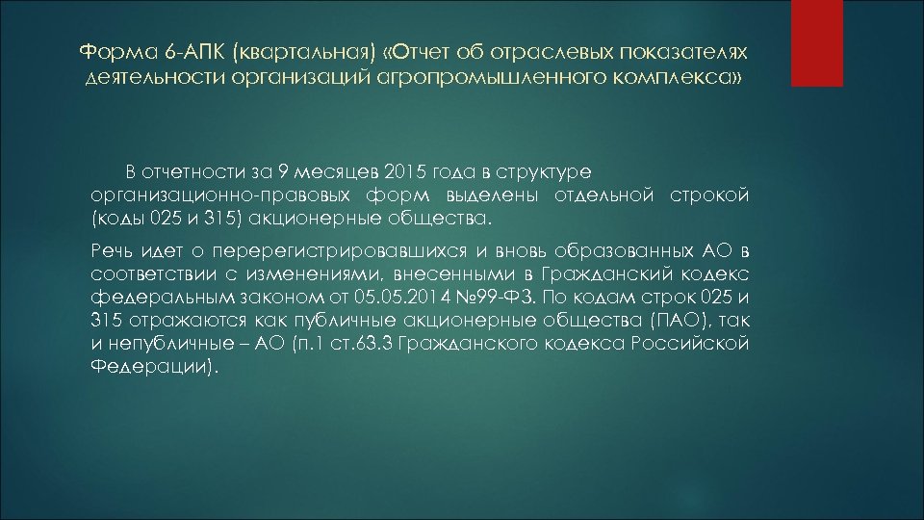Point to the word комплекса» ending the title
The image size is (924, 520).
691,75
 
